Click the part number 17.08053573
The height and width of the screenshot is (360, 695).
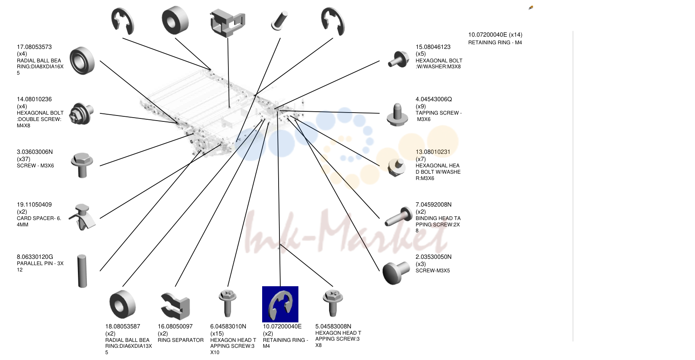pos(34,47)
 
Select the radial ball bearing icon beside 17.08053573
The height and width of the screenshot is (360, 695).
pos(82,61)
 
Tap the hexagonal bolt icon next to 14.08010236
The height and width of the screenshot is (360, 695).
pos(81,113)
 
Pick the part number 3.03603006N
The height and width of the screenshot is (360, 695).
pos(35,152)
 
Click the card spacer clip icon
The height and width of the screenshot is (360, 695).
pos(82,217)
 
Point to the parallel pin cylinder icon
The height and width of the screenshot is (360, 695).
pos(82,271)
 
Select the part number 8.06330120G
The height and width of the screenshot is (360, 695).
pos(35,257)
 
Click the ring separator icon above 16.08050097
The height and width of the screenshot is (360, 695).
pos(175,306)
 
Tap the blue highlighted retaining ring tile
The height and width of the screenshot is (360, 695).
pos(280,304)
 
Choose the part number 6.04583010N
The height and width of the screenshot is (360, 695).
pos(228,326)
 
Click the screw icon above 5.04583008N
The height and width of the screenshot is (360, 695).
pos(333,303)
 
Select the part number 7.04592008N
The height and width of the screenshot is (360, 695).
pos(433,204)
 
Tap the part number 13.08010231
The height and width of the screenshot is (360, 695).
pos(433,152)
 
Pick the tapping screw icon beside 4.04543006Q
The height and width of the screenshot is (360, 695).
pos(397,115)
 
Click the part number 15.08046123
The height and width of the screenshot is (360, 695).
pos(433,47)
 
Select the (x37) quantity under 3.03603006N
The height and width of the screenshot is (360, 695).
pos(24,159)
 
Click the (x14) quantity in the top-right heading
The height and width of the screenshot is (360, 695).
pos(515,35)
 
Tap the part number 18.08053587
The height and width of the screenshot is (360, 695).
pos(123,326)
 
